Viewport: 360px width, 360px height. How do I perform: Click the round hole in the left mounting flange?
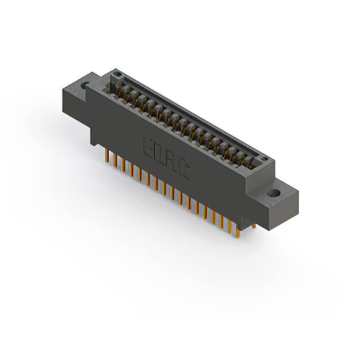[x=85, y=86]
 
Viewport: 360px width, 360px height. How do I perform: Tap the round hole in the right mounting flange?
[x=273, y=193]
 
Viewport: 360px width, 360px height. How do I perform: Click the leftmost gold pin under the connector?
[x=106, y=157]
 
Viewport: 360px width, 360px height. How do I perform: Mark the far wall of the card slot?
[x=191, y=112]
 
